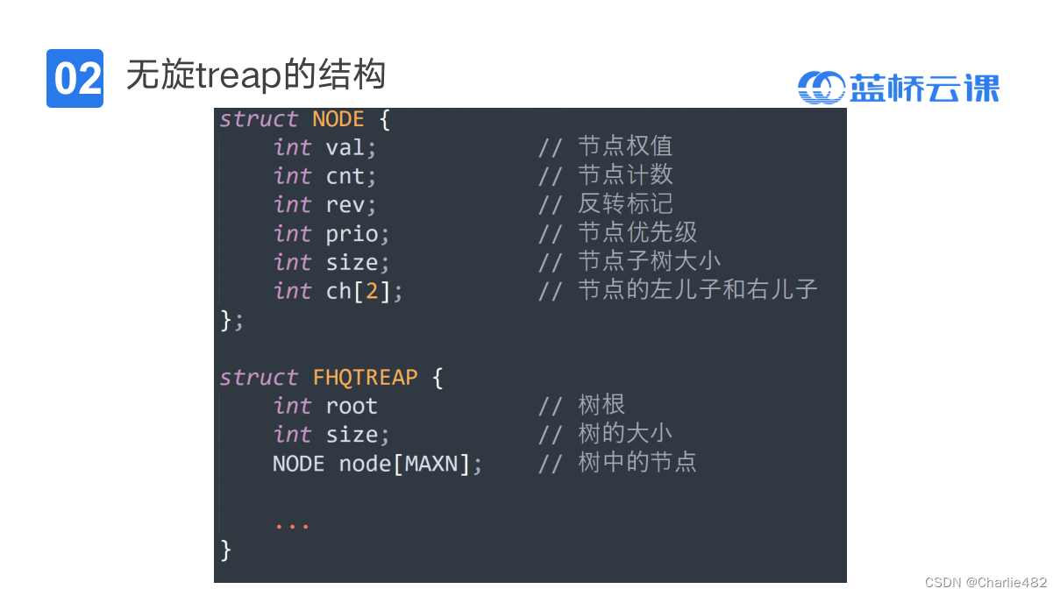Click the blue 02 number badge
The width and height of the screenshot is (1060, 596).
75,79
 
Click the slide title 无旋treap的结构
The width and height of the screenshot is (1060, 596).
256,75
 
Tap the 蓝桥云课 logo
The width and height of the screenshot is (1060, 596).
899,88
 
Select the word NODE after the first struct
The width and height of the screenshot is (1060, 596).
338,119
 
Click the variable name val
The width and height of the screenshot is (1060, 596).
345,147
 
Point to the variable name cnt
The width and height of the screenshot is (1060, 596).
345,176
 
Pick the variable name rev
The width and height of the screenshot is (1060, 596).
345,205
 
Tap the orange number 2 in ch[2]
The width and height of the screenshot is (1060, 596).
372,291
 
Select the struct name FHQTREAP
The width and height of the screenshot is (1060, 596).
365,378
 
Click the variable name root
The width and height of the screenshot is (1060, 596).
352,407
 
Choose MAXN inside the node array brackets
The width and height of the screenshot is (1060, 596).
431,464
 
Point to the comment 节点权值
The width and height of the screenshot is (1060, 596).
624,146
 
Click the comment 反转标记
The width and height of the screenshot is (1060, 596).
624,204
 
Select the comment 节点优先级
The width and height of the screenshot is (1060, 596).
637,233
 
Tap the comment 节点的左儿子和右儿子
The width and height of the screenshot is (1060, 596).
697,290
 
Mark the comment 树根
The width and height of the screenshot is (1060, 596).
601,406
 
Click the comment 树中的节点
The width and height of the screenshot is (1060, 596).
637,463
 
